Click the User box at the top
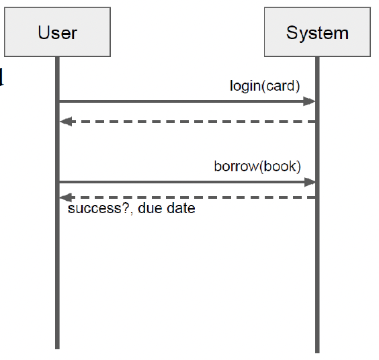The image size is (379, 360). (57, 32)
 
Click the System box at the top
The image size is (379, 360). (317, 32)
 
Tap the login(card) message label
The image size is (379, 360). (265, 85)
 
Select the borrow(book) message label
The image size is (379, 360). (257, 166)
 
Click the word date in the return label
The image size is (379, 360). (180, 209)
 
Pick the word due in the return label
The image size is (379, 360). (150, 209)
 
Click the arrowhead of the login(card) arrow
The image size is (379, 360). (310, 101)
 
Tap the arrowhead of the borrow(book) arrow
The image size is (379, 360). (310, 181)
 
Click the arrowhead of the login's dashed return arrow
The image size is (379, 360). (65, 122)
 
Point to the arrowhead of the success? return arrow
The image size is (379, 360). (65, 197)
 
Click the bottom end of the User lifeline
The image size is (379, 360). (57, 347)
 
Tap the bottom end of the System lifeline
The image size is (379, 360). (317, 350)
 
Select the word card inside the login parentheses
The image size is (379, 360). (282, 85)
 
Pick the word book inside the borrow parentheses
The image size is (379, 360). (280, 166)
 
